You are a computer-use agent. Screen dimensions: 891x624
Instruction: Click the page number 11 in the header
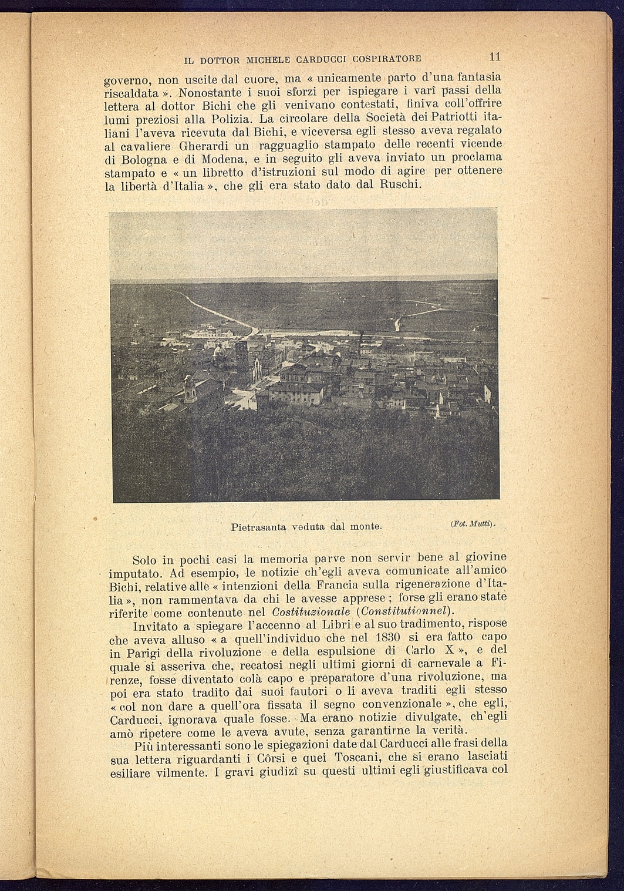(x=494, y=57)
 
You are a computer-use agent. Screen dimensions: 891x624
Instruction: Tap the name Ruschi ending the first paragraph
(x=399, y=184)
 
